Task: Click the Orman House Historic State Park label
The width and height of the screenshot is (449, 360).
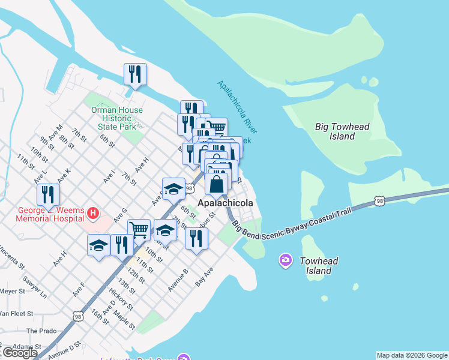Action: [117, 118]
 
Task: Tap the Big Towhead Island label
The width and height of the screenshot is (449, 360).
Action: [342, 131]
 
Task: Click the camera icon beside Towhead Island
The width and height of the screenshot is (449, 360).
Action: [286, 260]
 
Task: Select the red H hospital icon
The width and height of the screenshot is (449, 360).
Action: [92, 212]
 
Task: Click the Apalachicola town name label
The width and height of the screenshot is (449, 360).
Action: [225, 203]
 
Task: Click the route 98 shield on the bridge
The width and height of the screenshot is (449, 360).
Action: [379, 201]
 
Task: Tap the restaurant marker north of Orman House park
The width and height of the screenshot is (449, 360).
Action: [135, 74]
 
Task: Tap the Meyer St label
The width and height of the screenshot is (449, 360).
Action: [12, 290]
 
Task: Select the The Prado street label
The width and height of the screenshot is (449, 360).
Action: [40, 331]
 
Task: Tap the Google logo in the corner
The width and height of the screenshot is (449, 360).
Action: [19, 353]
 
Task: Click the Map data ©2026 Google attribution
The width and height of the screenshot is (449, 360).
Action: [412, 355]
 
